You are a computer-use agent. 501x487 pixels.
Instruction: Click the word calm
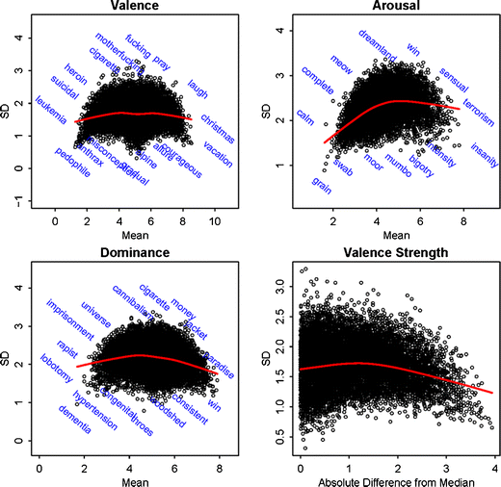pyautogui.click(x=305, y=117)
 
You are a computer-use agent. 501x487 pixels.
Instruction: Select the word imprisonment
pyautogui.click(x=66, y=319)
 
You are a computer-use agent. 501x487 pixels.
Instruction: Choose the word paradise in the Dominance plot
pyautogui.click(x=215, y=343)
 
